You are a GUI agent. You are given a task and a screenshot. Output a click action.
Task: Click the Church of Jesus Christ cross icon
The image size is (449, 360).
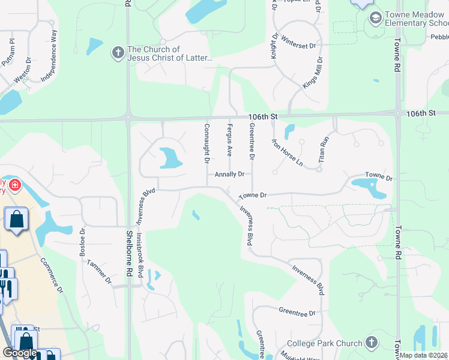tap(118, 54)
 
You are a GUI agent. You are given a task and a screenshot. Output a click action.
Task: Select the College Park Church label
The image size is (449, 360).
tap(324, 344)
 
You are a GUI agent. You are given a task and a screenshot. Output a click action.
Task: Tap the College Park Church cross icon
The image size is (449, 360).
tap(372, 343)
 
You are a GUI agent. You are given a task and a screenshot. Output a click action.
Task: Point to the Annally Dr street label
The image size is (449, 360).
tap(229, 174)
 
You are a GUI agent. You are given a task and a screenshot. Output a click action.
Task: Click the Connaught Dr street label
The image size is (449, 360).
tap(206, 144)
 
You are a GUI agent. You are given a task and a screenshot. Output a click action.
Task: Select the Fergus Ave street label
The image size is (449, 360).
tap(229, 140)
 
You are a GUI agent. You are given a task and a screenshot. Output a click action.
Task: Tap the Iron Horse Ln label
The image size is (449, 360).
tap(288, 152)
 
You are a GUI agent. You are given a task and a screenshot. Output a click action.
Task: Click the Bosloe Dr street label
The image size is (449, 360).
tap(83, 242)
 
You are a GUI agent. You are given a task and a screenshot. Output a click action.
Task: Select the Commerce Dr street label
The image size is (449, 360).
tap(52, 275)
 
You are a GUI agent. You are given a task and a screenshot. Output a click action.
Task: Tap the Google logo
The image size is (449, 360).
tap(20, 353)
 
